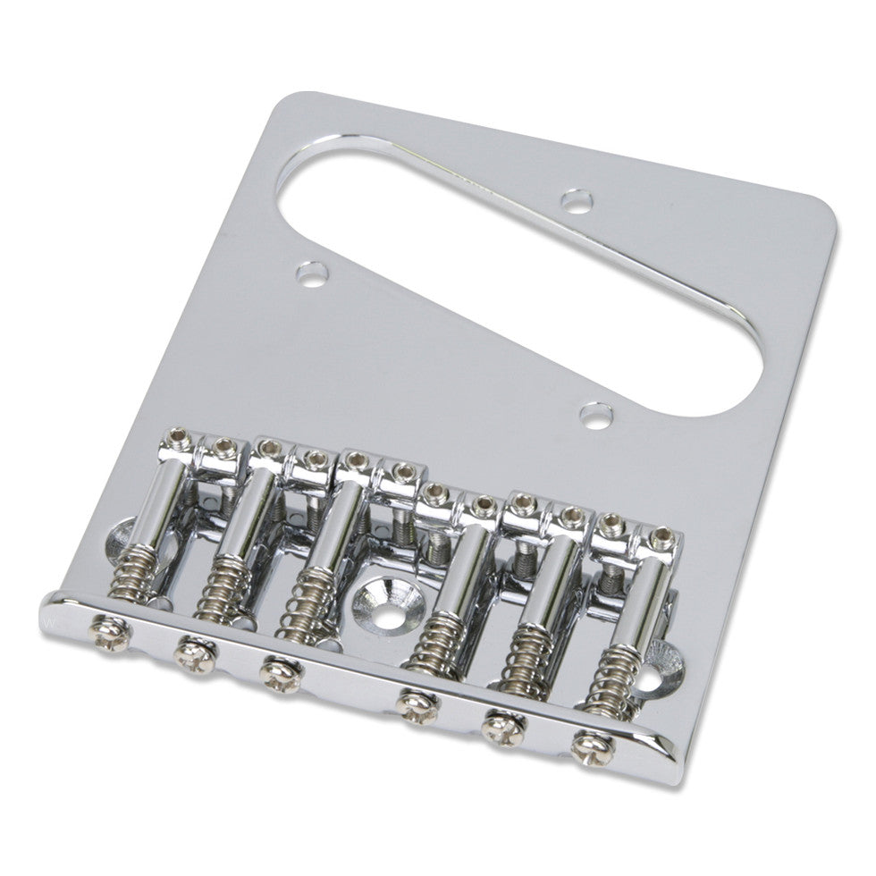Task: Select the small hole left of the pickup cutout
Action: click(310, 273)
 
